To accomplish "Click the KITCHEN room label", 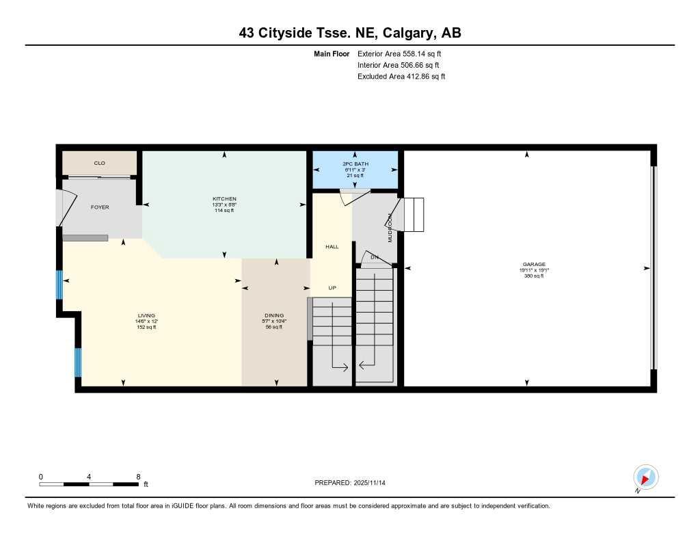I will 224,199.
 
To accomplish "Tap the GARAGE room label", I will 533,265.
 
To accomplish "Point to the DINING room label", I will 273,316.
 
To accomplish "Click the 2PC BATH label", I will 355,164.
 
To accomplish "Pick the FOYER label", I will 100,207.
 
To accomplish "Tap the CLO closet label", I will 99,163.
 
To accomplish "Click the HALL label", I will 332,247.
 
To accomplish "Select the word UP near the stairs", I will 332,288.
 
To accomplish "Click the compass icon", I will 645,477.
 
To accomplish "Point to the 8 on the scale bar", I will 138,477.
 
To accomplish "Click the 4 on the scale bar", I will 90,477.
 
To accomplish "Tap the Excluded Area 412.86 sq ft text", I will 401,77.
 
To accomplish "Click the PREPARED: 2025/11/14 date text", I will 349,483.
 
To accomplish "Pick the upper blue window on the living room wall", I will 59,285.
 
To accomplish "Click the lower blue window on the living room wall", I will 78,362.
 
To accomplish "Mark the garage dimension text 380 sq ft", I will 533,276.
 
